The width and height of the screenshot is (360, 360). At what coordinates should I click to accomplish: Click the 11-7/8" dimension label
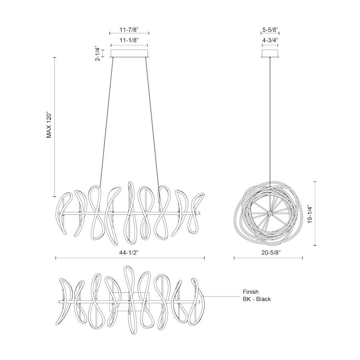[x=129, y=30]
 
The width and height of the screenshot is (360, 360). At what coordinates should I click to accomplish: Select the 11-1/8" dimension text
[x=129, y=40]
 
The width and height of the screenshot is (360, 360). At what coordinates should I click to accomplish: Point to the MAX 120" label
[x=49, y=125]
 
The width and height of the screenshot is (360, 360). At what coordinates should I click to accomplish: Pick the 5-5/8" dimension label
[x=270, y=30]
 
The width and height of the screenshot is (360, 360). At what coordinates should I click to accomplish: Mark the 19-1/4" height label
[x=310, y=214]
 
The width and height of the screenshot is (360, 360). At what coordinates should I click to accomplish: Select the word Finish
[x=251, y=292]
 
